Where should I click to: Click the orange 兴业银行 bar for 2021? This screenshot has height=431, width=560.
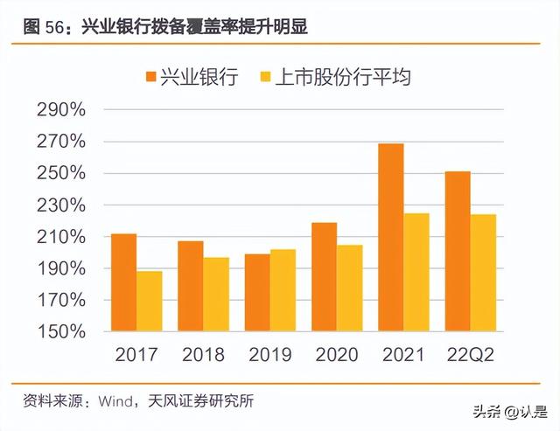pyautogui.click(x=391, y=238)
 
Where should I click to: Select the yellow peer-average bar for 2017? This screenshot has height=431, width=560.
pyautogui.click(x=150, y=302)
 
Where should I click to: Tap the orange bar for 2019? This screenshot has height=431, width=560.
pyautogui.click(x=257, y=293)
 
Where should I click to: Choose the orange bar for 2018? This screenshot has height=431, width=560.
pyautogui.click(x=190, y=287)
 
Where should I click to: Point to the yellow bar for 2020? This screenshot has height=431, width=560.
pyautogui.click(x=349, y=288)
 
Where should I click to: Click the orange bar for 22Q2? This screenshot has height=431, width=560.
pyautogui.click(x=458, y=252)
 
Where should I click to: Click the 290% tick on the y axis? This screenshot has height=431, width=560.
pyautogui.click(x=60, y=110)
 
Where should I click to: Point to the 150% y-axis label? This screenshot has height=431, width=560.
pyautogui.click(x=60, y=332)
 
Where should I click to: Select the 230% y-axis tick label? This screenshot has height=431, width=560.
pyautogui.click(x=60, y=205)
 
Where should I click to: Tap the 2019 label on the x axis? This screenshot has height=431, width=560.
pyautogui.click(x=269, y=355)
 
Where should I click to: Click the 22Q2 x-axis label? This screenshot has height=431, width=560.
pyautogui.click(x=471, y=355)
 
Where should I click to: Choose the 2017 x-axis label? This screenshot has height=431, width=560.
pyautogui.click(x=137, y=355)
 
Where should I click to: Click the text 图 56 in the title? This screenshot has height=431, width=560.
pyautogui.click(x=43, y=28)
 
